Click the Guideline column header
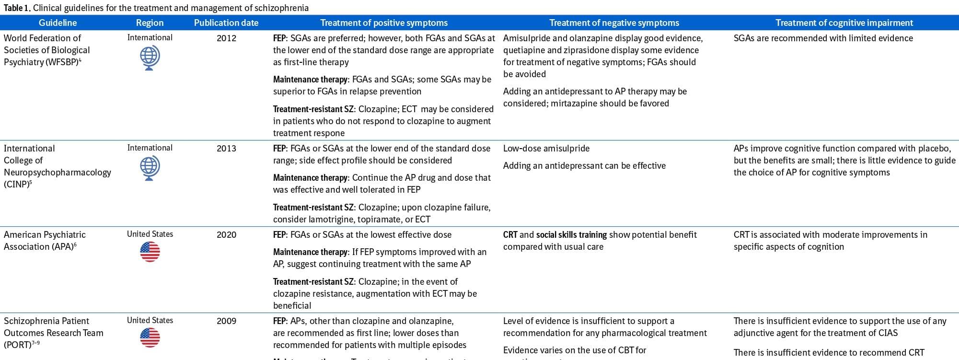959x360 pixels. click(x=58, y=23)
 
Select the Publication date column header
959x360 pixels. click(x=226, y=23)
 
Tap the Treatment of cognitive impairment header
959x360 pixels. click(x=844, y=23)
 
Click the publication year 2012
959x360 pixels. click(x=226, y=38)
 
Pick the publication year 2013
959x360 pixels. click(x=226, y=149)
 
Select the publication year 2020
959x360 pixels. click(x=226, y=235)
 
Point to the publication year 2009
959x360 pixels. click(x=226, y=321)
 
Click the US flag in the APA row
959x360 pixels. click(x=150, y=252)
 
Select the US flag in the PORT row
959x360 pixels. click(x=150, y=338)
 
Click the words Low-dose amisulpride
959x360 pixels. click(x=546, y=149)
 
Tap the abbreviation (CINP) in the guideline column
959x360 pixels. click(x=16, y=185)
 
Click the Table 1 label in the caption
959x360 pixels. click(x=17, y=8)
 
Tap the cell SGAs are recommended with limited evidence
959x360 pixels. click(x=823, y=38)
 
